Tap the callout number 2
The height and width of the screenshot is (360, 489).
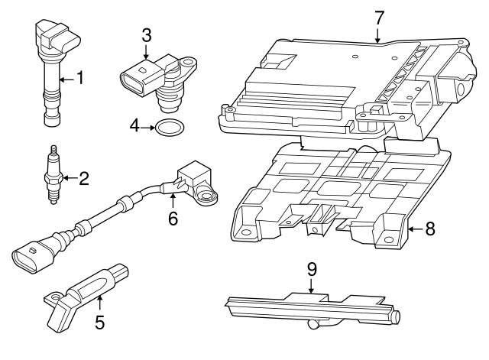coord(84,179)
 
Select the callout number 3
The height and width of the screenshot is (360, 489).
coord(147,34)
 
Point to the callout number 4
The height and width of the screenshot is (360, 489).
coord(134,125)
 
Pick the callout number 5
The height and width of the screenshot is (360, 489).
coord(99,322)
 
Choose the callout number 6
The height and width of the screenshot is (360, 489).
coord(173,218)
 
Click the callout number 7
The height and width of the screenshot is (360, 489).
coord(378,15)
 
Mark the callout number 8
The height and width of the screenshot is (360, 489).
coord(429,228)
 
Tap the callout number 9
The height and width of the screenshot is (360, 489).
coord(312,268)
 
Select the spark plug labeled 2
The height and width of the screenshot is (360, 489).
coord(53,176)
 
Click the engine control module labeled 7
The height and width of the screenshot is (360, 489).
coord(344,84)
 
